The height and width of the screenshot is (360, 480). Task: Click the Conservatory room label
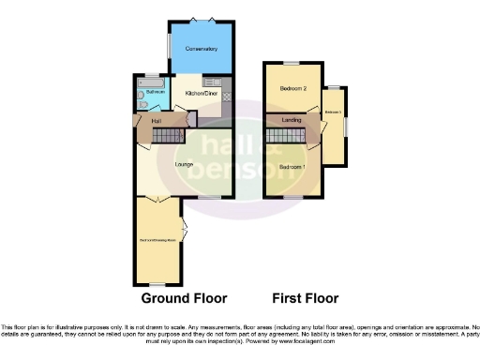click(201, 49)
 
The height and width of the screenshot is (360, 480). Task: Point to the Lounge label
click(184, 165)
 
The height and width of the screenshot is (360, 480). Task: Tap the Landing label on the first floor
click(291, 120)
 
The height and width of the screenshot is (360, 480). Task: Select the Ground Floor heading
click(184, 299)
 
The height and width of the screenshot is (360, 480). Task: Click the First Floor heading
click(305, 299)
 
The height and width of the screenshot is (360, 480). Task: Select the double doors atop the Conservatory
click(200, 19)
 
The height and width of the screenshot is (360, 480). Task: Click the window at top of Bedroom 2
click(291, 62)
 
